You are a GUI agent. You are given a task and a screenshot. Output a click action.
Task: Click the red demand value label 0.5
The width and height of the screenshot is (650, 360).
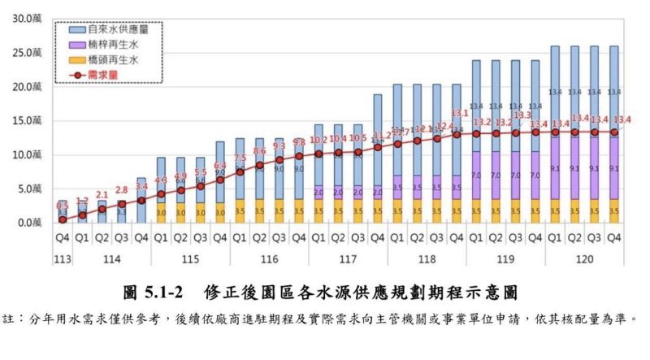tap(62, 206)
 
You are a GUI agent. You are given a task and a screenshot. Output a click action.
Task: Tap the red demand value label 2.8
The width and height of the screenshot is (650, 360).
tap(121, 190)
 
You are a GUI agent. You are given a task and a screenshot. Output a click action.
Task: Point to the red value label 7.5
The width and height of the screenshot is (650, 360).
tap(240, 158)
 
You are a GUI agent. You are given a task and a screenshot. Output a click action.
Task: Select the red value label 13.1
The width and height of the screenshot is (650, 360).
tap(457, 114)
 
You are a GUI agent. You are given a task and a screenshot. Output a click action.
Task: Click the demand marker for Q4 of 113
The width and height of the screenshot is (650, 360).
tap(62, 219)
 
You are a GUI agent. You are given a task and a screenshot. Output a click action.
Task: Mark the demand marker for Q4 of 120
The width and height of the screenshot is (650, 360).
tap(613, 132)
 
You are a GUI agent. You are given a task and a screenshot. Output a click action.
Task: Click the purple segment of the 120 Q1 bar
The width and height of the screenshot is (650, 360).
tap(555, 168)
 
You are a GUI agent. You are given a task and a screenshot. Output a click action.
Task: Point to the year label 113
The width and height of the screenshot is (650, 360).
tap(62, 258)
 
